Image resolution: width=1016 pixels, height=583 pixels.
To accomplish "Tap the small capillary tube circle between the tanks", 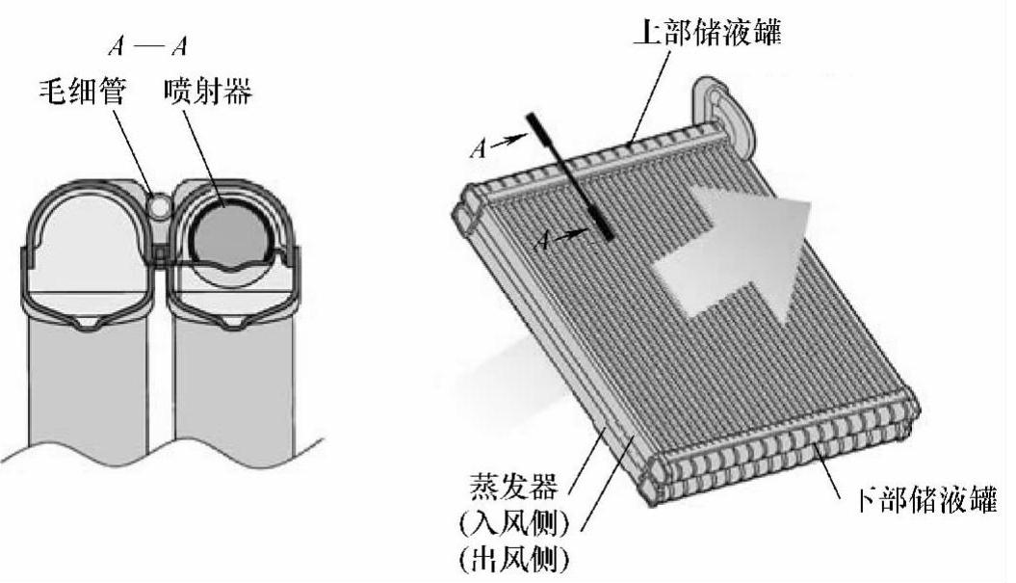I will click(x=159, y=203).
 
